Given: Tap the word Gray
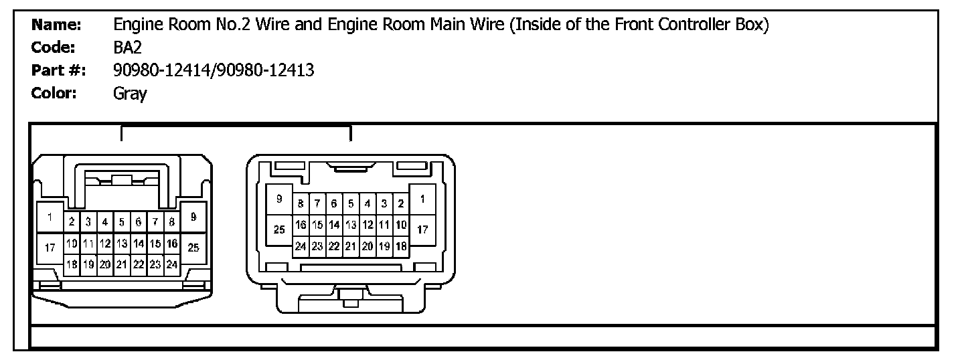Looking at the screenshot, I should [130, 94].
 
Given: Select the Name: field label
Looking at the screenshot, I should [57, 25].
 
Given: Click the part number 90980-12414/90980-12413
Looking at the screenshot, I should [214, 71].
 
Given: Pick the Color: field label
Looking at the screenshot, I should [54, 94].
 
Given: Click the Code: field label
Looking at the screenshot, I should [54, 48].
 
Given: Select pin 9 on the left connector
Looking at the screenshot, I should [193, 216].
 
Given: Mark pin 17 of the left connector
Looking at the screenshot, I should [49, 248].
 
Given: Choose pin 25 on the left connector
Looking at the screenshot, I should [193, 248].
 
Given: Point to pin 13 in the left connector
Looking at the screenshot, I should [122, 244].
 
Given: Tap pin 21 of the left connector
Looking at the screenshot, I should [122, 264].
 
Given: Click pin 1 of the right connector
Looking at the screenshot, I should [422, 199].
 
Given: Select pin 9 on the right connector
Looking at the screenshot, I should [279, 199].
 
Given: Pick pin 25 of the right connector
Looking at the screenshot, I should [279, 230].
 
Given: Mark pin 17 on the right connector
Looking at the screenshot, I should [422, 230].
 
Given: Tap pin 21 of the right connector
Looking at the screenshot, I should [351, 246].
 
